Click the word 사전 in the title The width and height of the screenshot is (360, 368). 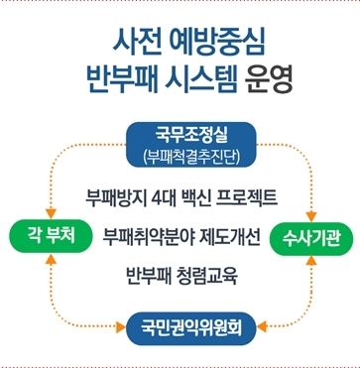pos(136,44)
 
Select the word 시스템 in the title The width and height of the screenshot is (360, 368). pos(201,80)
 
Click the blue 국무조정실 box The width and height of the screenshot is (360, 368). pos(191,145)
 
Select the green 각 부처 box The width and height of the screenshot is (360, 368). pos(51,236)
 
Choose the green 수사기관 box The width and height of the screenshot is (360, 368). pos(310,239)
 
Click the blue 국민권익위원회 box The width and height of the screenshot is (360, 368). pos(191,328)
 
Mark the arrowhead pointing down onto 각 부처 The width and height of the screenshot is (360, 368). pos(51,214)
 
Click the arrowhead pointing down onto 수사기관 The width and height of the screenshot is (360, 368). pos(311,217)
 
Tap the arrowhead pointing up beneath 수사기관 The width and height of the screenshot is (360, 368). pos(311,261)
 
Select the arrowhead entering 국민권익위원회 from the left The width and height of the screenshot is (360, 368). pos(121,327)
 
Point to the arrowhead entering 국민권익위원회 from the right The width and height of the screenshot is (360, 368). pos(262,326)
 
